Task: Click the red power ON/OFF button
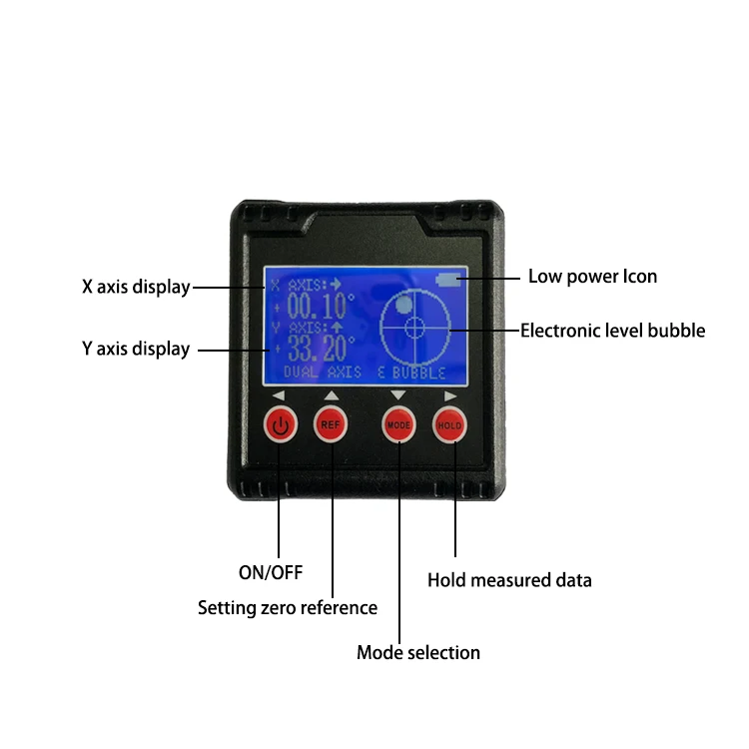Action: click(x=281, y=425)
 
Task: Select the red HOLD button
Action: click(x=449, y=425)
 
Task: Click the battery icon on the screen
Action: click(x=448, y=281)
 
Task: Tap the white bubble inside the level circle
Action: click(x=404, y=304)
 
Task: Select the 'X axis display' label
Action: click(x=136, y=287)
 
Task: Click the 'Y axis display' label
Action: click(x=136, y=349)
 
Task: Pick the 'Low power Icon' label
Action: click(x=592, y=277)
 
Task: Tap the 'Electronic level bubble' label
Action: click(x=612, y=330)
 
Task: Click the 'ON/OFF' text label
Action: click(x=270, y=572)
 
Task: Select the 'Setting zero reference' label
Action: click(x=288, y=607)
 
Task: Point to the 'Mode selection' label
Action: click(x=418, y=652)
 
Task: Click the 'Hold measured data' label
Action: click(x=509, y=579)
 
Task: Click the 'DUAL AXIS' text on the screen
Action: click(x=323, y=373)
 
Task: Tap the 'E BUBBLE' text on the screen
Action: click(x=412, y=373)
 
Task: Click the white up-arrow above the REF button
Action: click(x=331, y=395)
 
